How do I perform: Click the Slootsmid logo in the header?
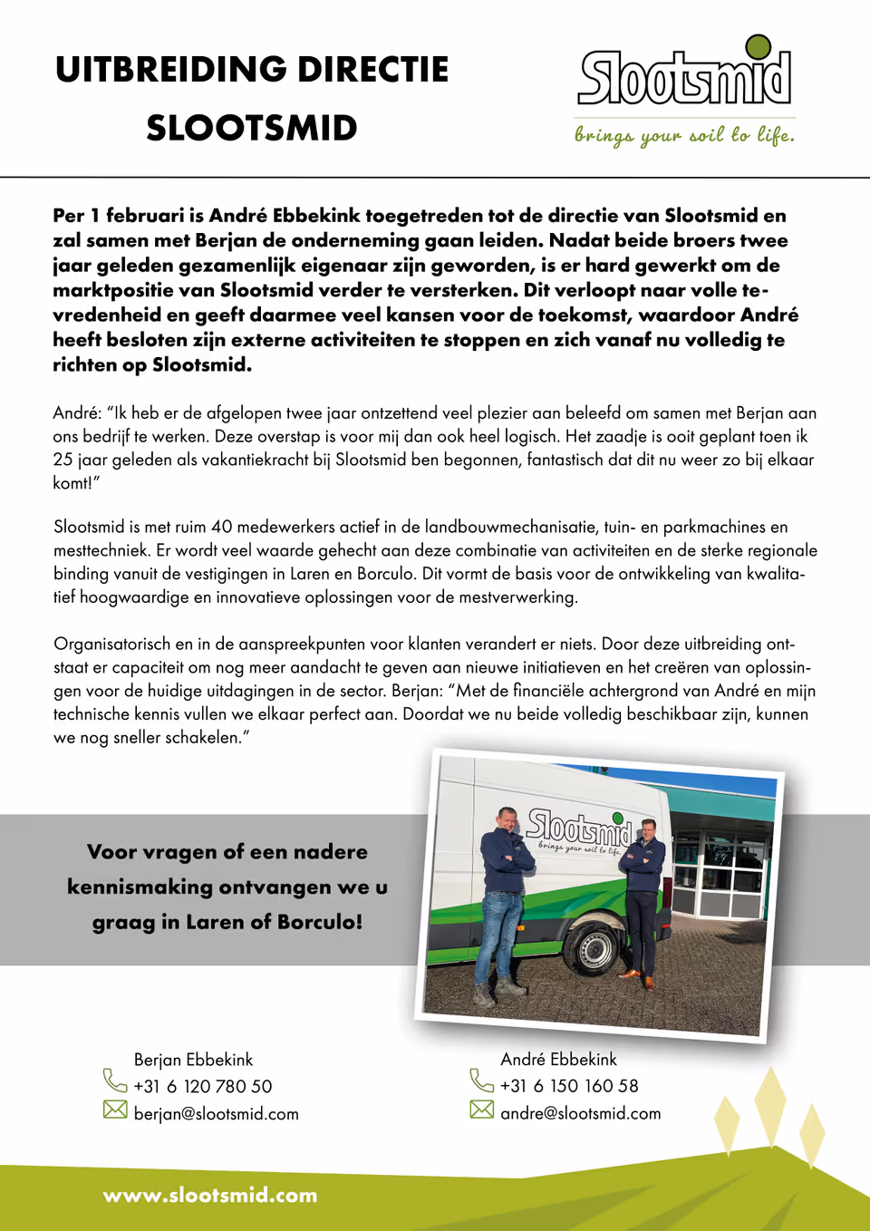click(x=684, y=77)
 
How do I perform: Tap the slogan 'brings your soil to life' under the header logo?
click(x=684, y=135)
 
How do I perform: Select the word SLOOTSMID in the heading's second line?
click(x=252, y=129)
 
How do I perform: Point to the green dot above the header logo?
click(x=758, y=46)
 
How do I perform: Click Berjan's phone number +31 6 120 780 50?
click(x=202, y=1086)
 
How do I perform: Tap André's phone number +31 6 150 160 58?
click(x=569, y=1086)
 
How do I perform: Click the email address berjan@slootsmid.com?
click(x=216, y=1114)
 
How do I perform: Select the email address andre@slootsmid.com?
click(x=580, y=1113)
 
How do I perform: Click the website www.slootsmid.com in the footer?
click(x=210, y=1196)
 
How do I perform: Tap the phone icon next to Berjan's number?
click(x=115, y=1081)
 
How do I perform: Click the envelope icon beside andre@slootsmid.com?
click(x=481, y=1110)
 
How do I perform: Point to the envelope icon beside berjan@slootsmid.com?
click(x=115, y=1110)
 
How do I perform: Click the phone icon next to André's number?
click(x=481, y=1081)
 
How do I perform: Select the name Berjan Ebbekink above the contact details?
click(x=193, y=1060)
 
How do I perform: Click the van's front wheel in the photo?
click(x=594, y=949)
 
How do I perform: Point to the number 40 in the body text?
click(x=222, y=527)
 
